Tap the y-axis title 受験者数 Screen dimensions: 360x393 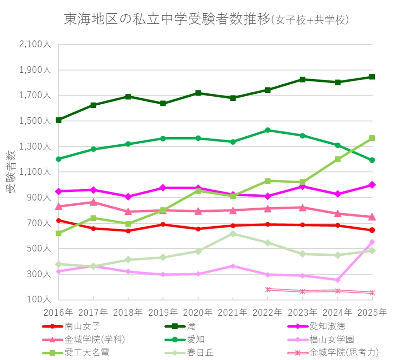[11, 172]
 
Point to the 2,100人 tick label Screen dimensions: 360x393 [34, 45]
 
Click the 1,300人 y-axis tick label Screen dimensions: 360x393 [34, 146]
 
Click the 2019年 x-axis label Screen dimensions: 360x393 [163, 312]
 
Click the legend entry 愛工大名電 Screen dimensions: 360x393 [84, 352]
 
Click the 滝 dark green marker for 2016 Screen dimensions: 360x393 [59, 120]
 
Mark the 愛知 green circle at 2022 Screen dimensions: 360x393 [268, 130]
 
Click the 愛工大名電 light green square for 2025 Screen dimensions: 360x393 [372, 138]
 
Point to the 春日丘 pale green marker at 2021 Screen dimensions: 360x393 [233, 234]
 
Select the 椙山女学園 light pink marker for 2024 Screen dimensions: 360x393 [337, 280]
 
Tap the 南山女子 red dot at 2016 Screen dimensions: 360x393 [59, 221]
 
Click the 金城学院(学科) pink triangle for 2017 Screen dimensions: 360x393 [93, 202]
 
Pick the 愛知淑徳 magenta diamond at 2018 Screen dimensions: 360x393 [128, 197]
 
